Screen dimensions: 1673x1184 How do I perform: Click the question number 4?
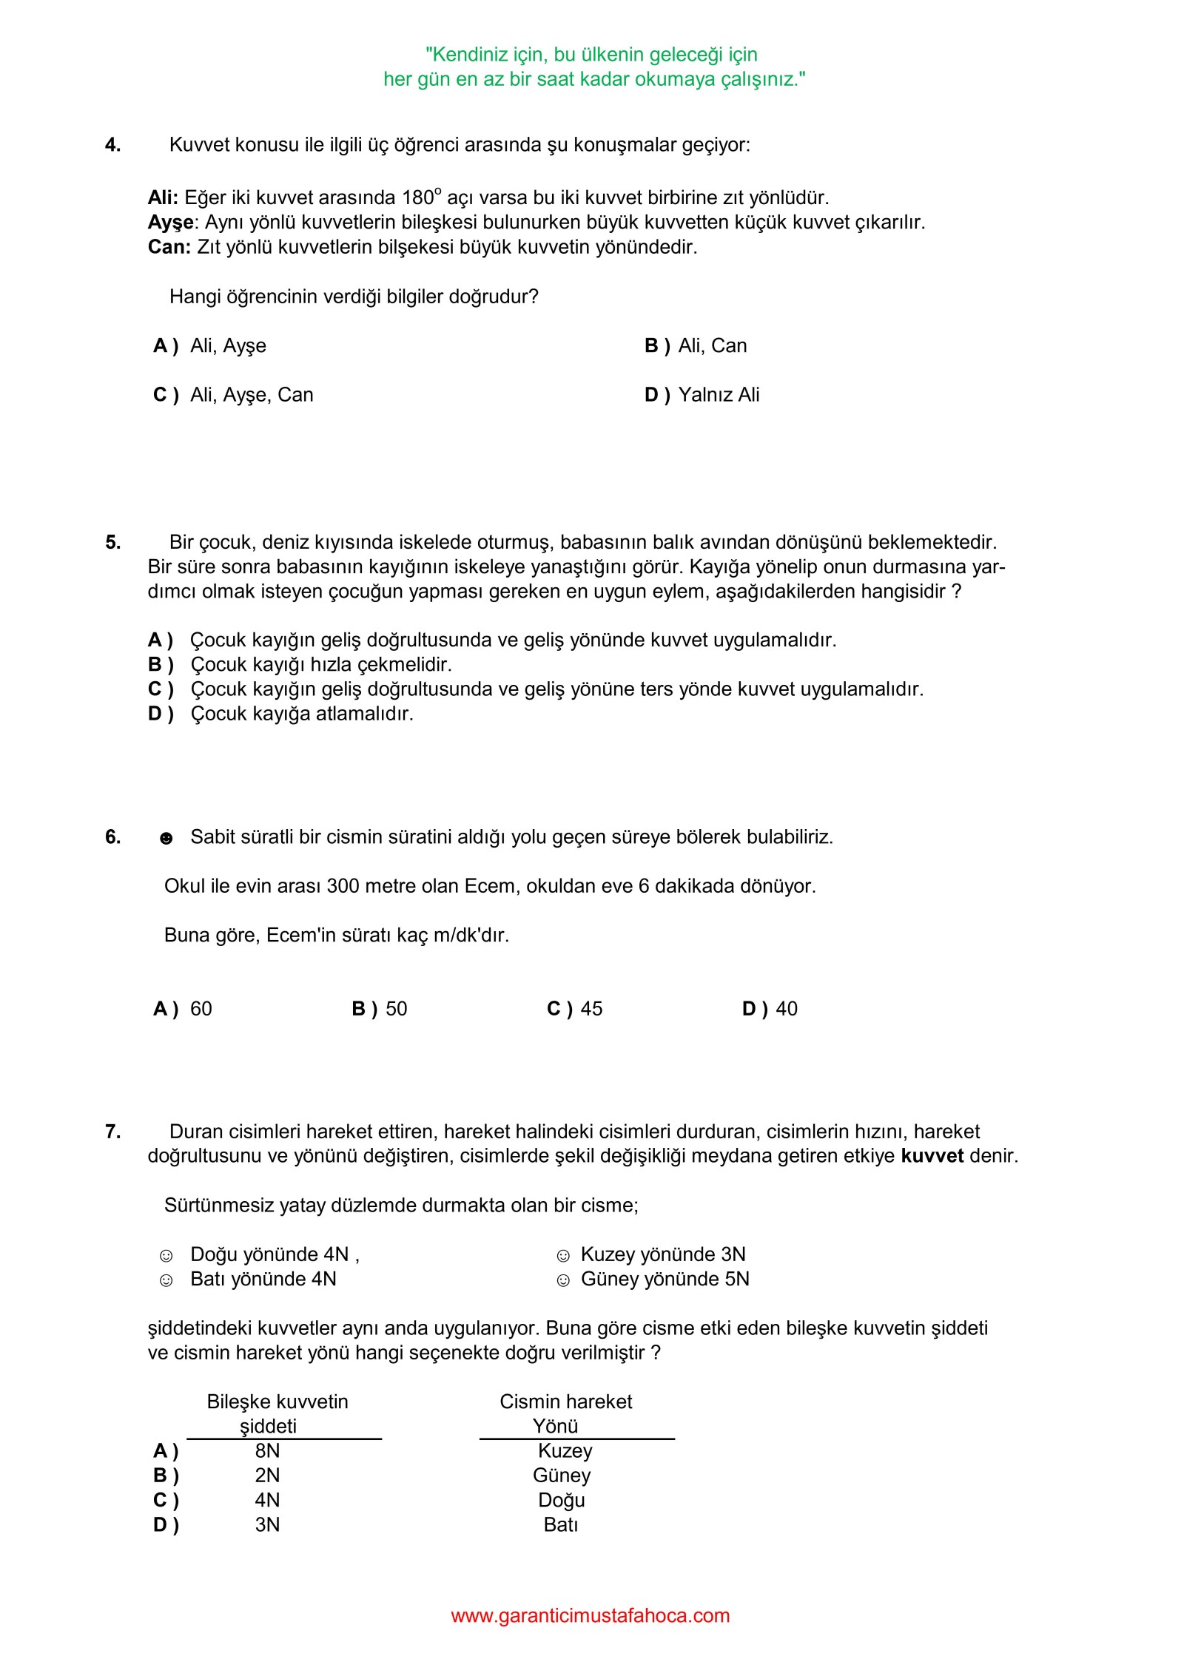112,145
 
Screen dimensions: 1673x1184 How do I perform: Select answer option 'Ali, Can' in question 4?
712,346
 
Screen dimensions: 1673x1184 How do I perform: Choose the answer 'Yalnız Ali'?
719,395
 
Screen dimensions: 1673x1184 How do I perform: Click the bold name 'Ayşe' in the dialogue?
170,223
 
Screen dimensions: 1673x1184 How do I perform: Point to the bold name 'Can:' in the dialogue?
169,247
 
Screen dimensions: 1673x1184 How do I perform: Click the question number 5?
112,543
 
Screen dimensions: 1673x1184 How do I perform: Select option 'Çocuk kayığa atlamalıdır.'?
302,714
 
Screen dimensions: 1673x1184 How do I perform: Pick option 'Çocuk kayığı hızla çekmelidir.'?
321,665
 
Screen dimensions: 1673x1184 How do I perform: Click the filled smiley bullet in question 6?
166,838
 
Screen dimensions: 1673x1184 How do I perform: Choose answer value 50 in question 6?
396,1009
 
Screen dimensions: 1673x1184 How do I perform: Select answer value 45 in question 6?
591,1009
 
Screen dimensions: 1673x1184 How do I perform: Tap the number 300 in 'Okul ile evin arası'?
343,886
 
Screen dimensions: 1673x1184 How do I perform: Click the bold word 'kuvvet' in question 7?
932,1156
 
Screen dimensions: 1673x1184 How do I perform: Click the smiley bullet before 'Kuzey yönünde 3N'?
563,1256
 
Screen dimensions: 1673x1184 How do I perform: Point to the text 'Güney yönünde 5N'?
665,1280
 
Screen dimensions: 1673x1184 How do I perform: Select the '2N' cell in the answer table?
267,1476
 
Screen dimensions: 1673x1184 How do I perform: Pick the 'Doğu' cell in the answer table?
562,1500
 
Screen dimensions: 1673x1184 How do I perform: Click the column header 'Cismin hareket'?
565,1402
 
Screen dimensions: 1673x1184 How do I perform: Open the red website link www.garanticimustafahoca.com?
591,1615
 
